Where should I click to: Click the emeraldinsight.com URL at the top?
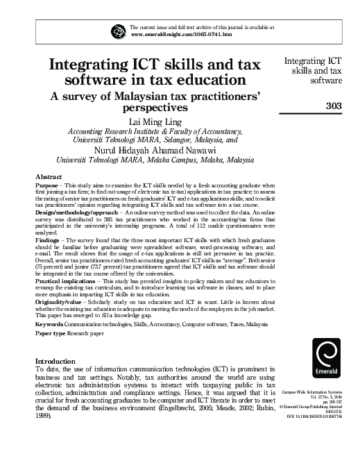180,33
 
